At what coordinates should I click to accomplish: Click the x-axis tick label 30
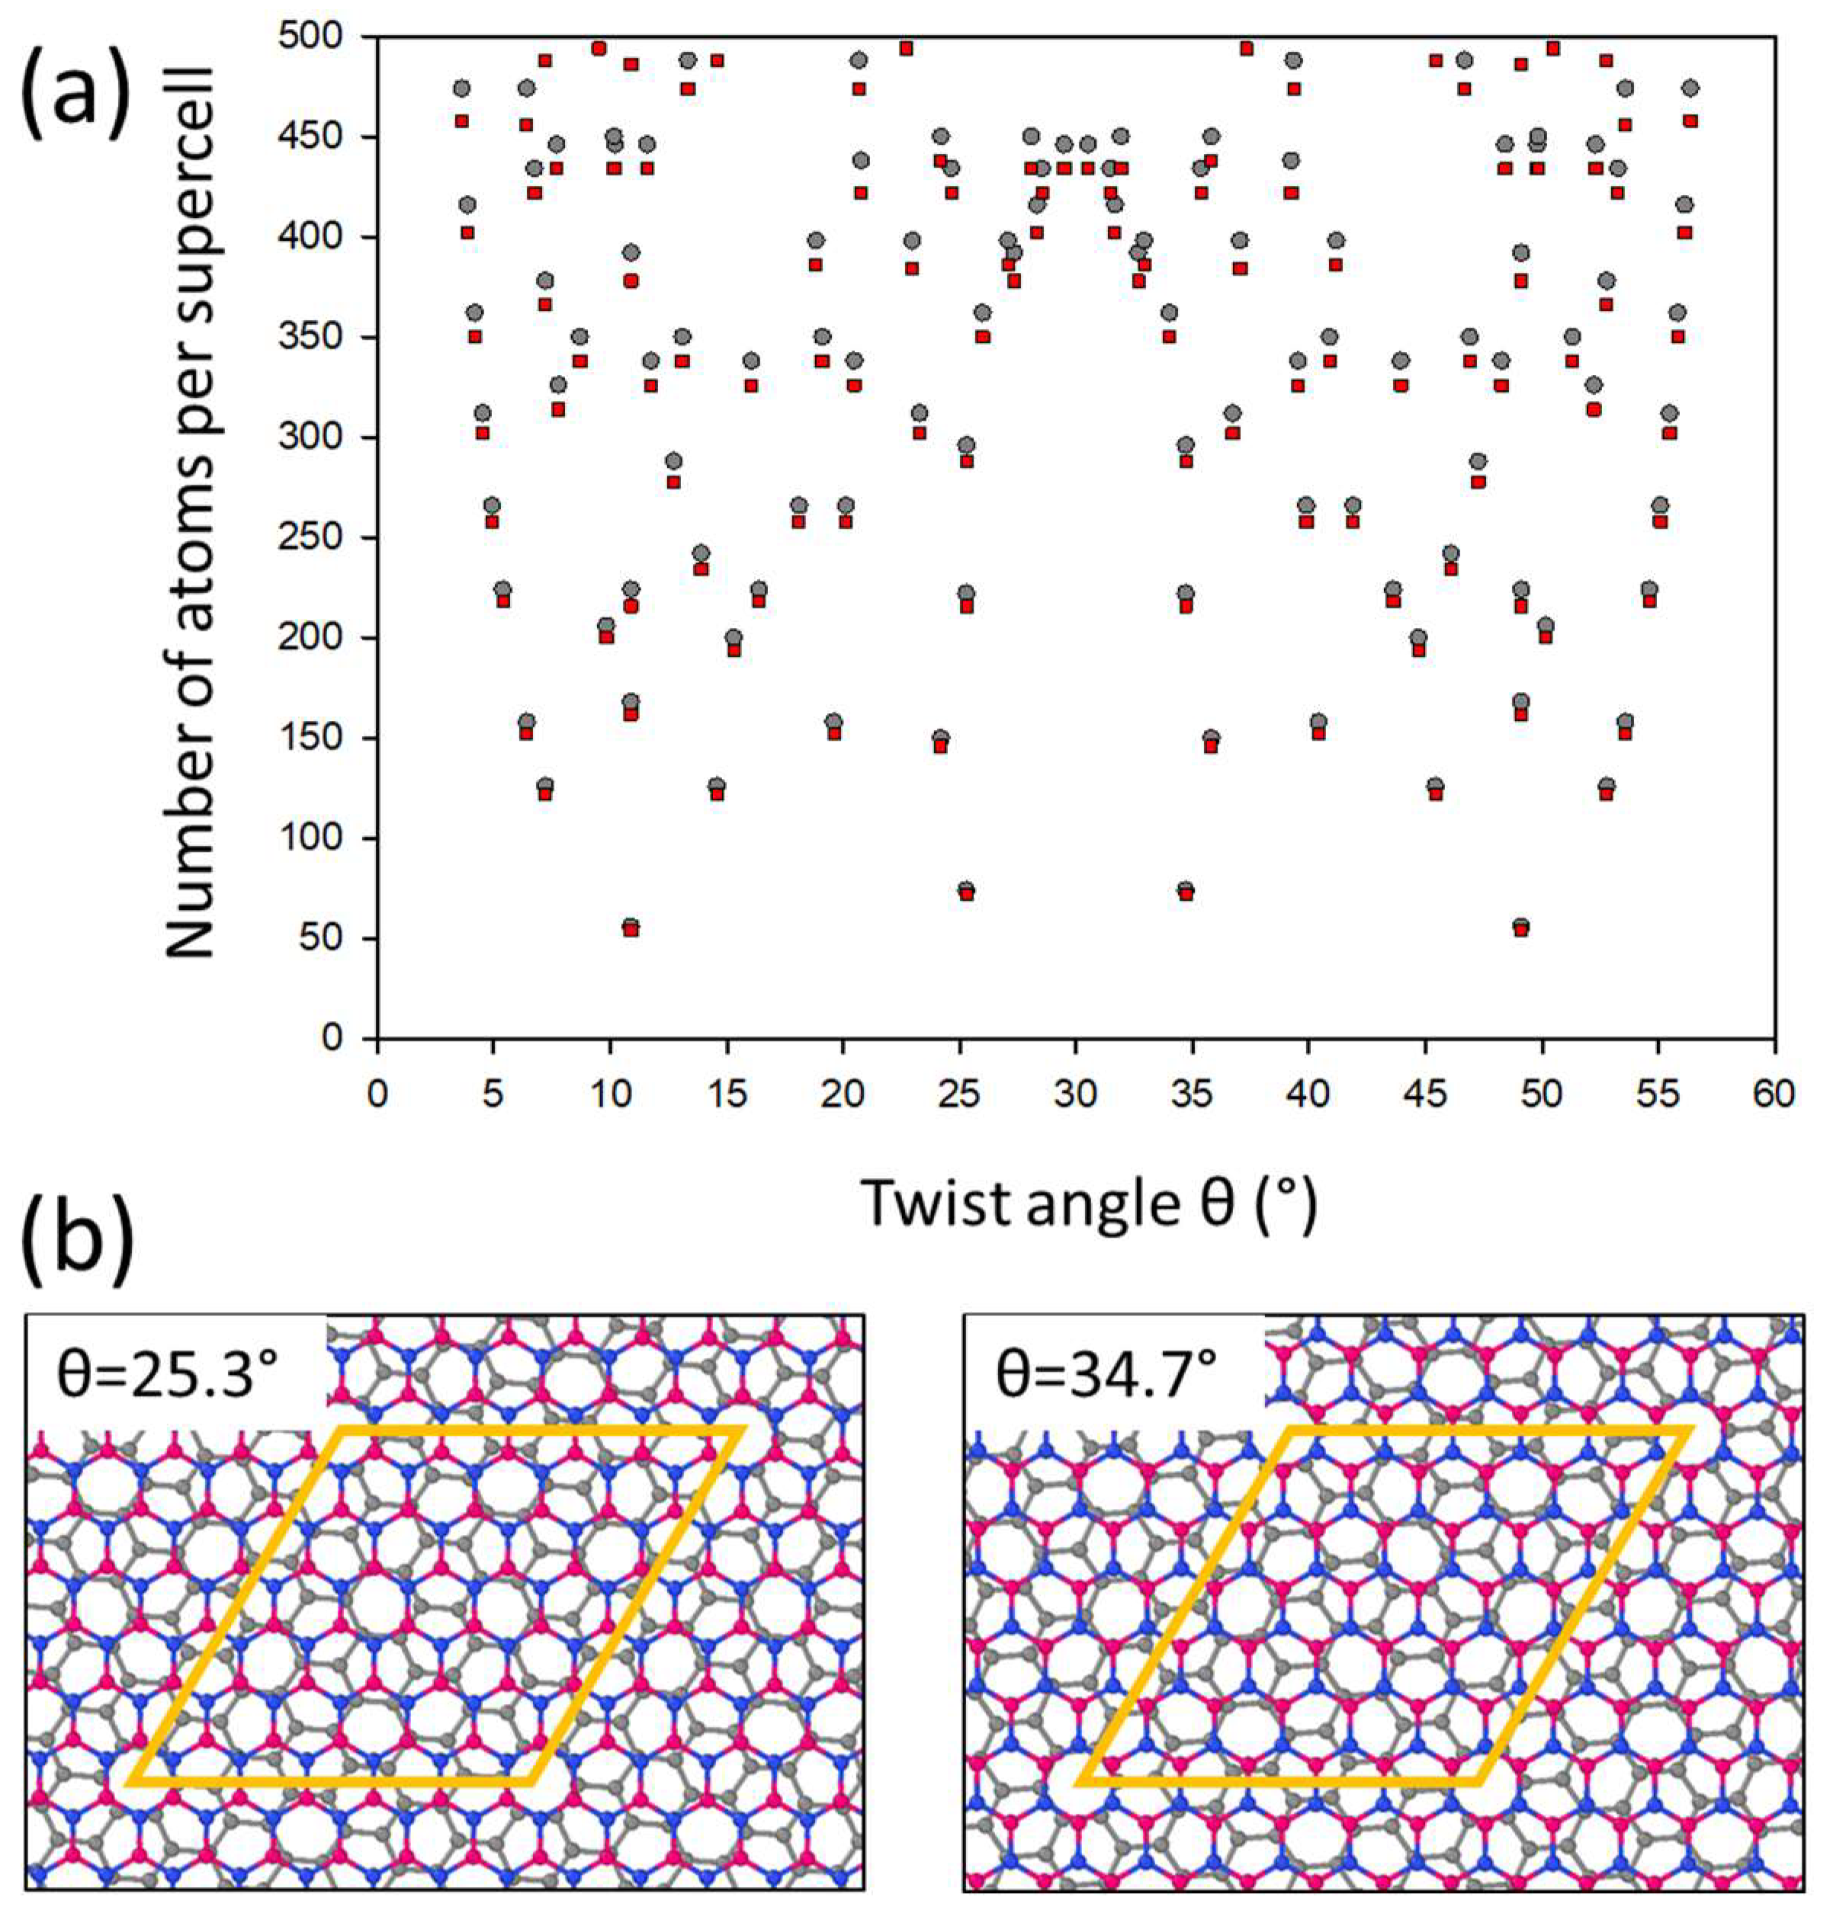[1075, 1095]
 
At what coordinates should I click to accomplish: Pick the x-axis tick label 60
[1774, 1095]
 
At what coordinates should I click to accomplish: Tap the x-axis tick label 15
[726, 1095]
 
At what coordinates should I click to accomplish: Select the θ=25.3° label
[171, 1375]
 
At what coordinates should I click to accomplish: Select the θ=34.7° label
[1107, 1375]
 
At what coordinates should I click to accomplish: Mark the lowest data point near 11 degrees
[631, 927]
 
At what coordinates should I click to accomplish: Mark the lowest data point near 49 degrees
[1520, 927]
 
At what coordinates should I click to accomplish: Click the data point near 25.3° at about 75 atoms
[966, 891]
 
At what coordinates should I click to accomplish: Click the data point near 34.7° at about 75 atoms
[1185, 891]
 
